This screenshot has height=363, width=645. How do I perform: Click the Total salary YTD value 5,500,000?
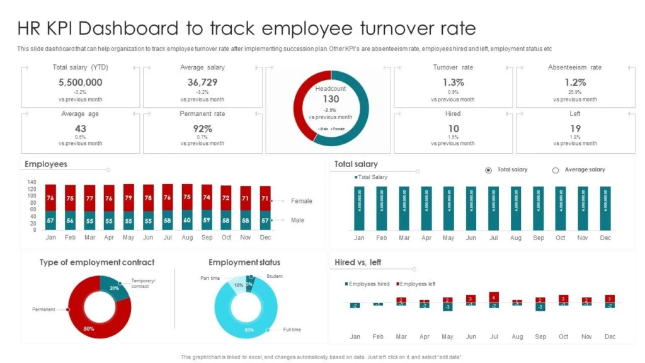(x=80, y=82)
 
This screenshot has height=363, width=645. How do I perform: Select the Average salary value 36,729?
(x=202, y=82)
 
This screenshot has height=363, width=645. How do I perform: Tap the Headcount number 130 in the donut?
(x=331, y=99)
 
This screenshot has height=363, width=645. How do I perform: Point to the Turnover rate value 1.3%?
(x=453, y=82)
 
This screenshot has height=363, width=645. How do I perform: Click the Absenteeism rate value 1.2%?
(x=575, y=82)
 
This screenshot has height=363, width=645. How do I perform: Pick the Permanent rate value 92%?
(x=202, y=129)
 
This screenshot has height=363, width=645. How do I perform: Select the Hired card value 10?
(x=453, y=129)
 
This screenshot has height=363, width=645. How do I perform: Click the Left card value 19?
(x=575, y=129)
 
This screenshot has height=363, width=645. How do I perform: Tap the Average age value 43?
(x=80, y=129)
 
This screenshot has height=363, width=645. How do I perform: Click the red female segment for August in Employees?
(x=187, y=197)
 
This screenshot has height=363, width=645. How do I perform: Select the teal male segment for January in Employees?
(x=51, y=220)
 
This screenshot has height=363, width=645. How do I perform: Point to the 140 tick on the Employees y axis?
(x=32, y=182)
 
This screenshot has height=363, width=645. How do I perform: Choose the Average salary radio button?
(x=556, y=170)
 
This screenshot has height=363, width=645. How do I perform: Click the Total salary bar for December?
(x=605, y=208)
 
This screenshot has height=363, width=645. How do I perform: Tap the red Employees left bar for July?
(x=494, y=297)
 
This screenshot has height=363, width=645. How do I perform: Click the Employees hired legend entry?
(x=369, y=284)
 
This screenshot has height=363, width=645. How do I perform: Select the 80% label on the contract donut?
(x=89, y=328)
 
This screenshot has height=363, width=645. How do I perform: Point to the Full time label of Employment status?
(x=292, y=330)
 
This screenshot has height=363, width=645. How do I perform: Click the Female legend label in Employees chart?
(x=302, y=201)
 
